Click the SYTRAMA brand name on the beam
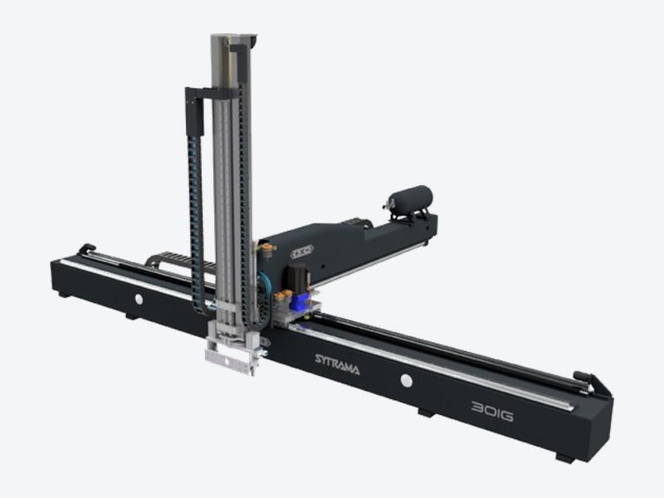click(337, 364)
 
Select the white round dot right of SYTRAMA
click(407, 380)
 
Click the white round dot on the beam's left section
click(139, 299)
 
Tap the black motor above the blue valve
click(297, 276)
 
